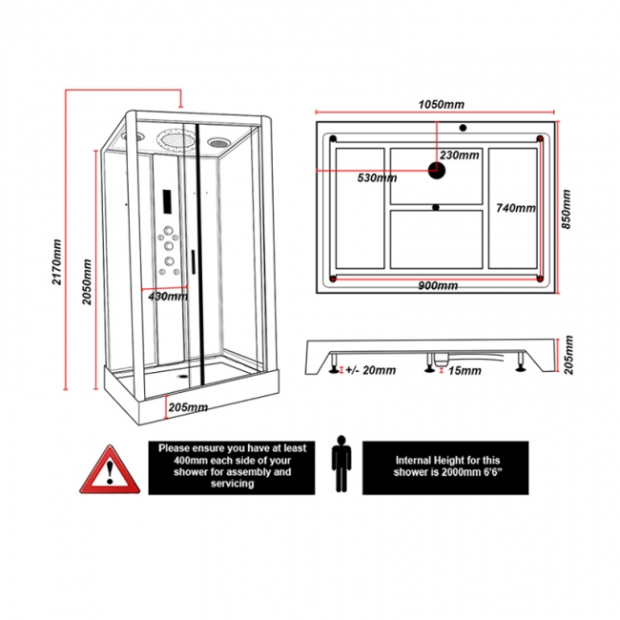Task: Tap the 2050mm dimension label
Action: point(89,279)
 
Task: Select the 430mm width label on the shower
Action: point(168,297)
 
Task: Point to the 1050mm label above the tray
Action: point(441,104)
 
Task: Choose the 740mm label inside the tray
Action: point(516,208)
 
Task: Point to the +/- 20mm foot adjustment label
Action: point(369,371)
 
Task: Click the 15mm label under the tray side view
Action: point(465,371)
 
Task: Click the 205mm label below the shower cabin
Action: point(188,408)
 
